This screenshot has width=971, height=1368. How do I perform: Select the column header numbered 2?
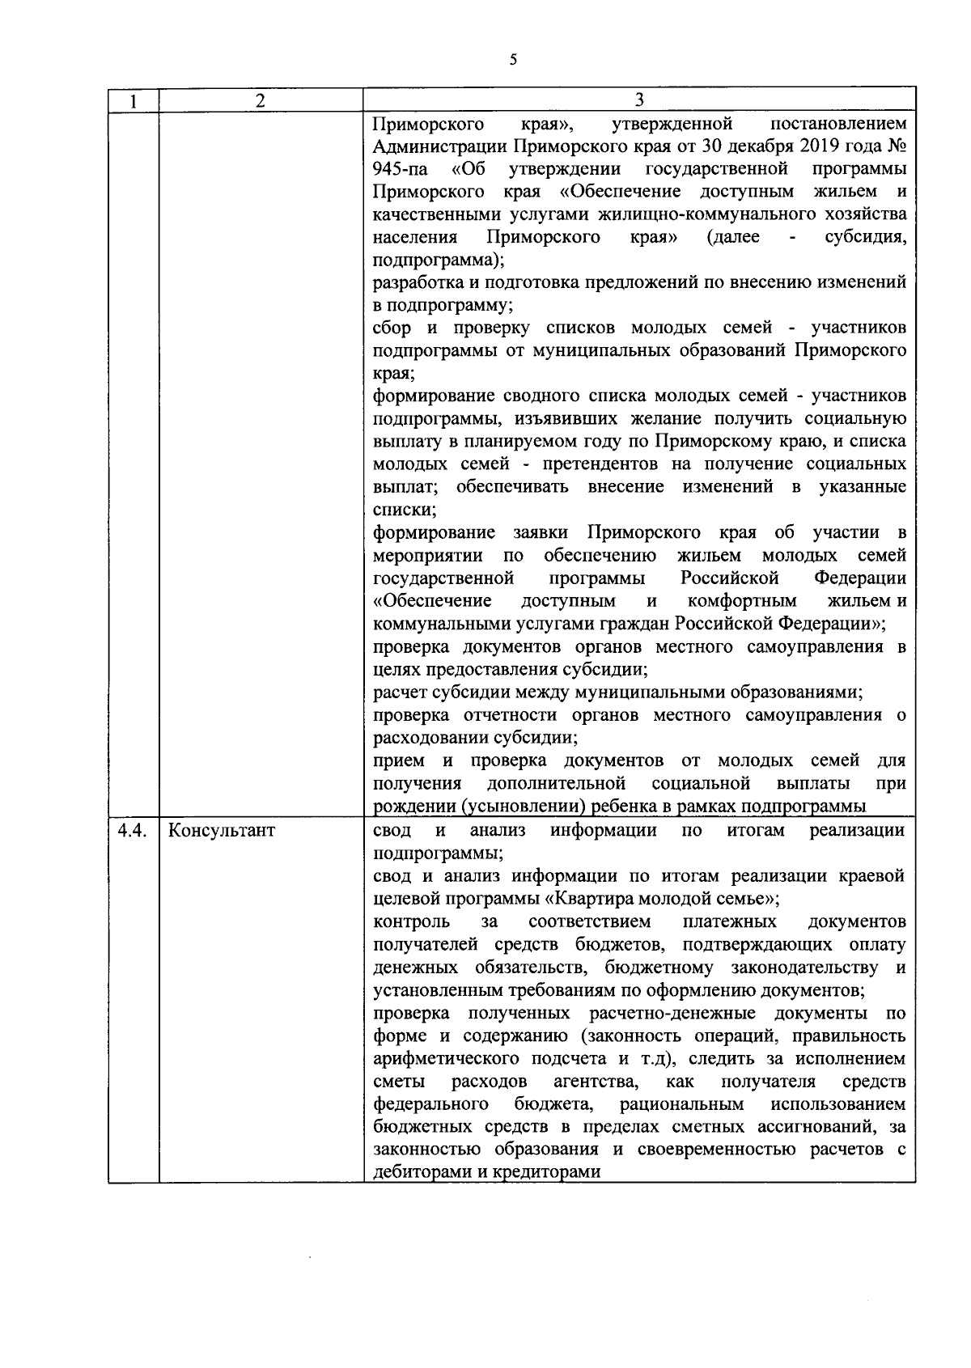(x=260, y=100)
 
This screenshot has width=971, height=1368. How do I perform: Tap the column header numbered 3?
(x=639, y=100)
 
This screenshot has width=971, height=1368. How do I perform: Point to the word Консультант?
(x=222, y=831)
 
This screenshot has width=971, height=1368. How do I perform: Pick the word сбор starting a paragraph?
(x=392, y=328)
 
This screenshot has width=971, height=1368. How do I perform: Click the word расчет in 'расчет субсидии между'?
(x=399, y=693)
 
